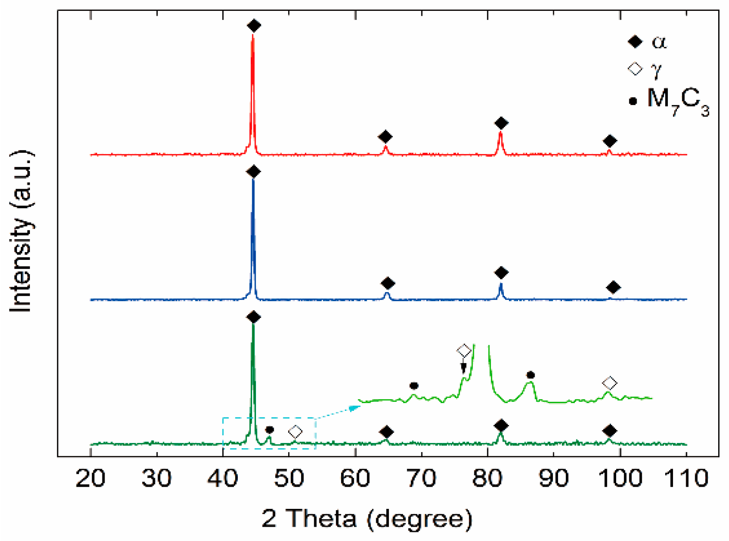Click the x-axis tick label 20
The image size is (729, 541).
pos(90,478)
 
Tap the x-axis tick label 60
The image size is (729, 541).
pos(355,478)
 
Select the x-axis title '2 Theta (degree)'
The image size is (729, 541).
pos(367,518)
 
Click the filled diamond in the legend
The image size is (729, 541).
pos(635,42)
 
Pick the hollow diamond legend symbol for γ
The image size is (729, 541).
pos(635,69)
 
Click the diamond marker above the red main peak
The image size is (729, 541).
pos(254,26)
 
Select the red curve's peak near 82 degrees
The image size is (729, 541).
pos(500,132)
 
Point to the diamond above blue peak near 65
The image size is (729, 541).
pos(387,284)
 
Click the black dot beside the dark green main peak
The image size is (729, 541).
pos(269,430)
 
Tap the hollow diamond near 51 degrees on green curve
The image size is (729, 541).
pos(295,432)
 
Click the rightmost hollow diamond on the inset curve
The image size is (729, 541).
pos(610,383)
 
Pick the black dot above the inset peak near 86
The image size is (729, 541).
pos(530,375)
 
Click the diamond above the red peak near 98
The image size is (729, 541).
pos(610,141)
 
